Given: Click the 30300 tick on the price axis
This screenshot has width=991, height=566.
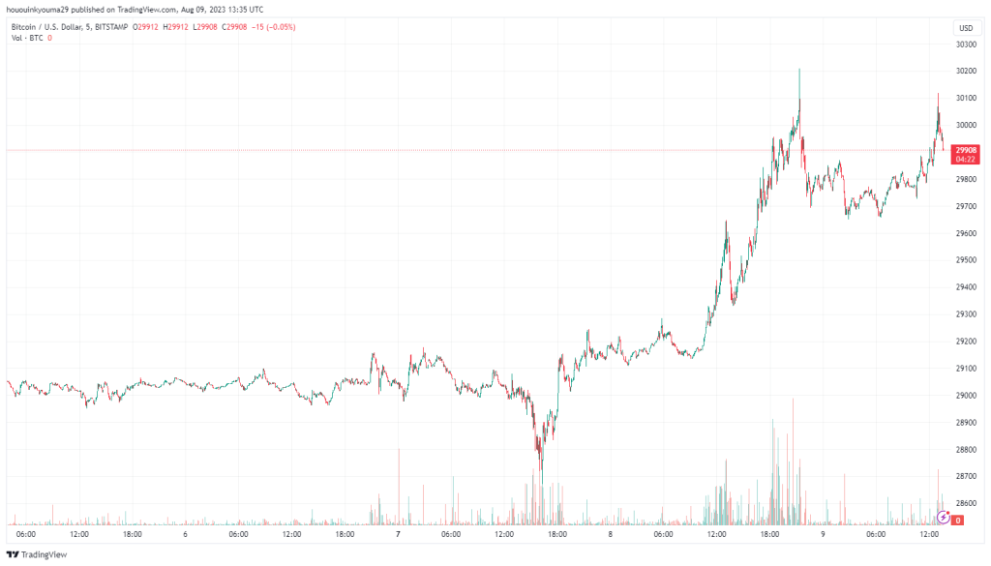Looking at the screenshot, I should [964, 44].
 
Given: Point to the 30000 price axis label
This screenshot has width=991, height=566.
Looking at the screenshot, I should [964, 125].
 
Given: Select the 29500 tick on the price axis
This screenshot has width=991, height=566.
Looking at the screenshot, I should [964, 260].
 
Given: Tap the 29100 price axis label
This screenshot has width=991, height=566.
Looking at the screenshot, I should [964, 369].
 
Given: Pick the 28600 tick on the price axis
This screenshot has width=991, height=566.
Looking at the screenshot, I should [964, 504].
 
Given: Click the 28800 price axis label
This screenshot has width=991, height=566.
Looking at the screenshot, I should [964, 450].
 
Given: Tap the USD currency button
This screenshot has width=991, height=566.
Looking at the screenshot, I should [965, 28].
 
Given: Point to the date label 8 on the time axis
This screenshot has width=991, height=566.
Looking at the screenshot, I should [610, 534].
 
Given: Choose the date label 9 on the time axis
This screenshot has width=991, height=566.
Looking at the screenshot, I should [823, 534].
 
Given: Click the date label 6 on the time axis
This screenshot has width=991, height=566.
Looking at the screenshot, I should [185, 534].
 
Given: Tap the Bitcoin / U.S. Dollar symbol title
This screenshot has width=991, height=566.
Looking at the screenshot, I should [48, 27].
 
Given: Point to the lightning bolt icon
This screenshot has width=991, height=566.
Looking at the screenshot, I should [944, 517].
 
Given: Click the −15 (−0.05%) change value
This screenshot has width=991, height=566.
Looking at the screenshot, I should [274, 27].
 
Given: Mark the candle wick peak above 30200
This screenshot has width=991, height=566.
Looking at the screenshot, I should [799, 70].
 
